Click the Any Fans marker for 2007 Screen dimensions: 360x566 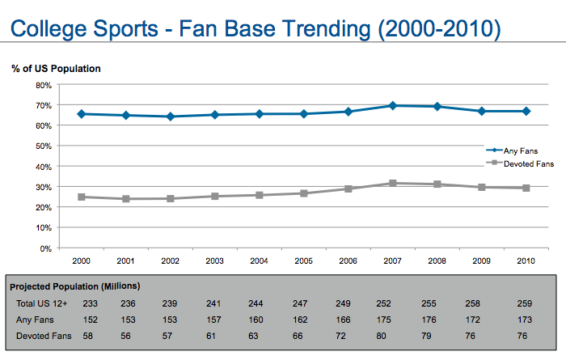392,105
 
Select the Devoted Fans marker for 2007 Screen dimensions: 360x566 392,184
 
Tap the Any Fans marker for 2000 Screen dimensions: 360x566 81,114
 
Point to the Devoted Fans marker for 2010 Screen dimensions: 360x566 526,188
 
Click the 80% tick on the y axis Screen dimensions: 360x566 42,85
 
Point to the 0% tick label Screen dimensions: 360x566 45,248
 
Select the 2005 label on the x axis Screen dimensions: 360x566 303,260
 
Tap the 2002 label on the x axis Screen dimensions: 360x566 170,260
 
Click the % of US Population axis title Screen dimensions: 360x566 56,69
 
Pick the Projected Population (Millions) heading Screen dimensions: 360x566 74,286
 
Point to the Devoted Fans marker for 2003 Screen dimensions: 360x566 214,196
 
